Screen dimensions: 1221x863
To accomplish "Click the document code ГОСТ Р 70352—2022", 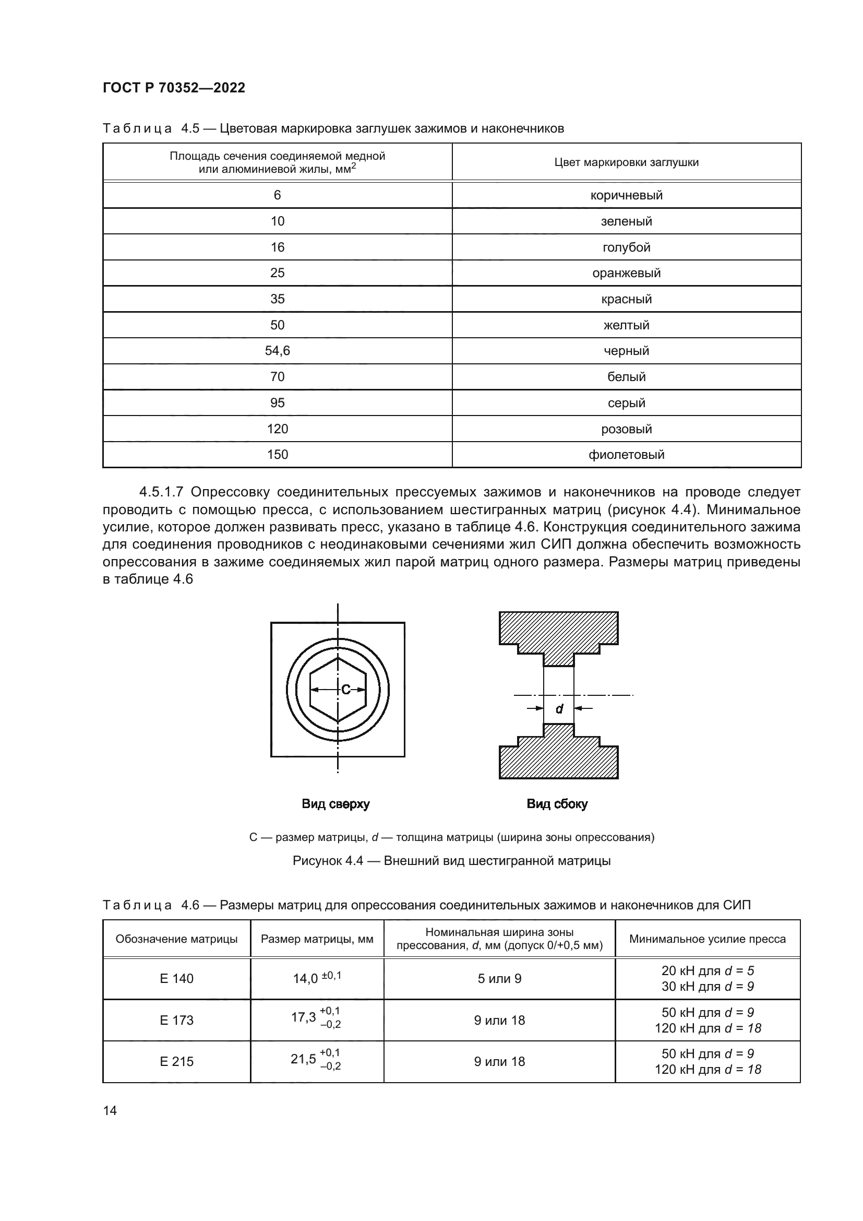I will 174,88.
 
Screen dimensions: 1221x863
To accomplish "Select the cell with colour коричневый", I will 626,195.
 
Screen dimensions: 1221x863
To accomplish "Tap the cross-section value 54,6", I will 277,351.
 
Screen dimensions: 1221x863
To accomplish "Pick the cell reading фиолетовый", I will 626,455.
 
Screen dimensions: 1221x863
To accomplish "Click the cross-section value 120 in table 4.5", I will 277,429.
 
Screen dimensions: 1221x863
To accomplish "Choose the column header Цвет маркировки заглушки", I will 626,162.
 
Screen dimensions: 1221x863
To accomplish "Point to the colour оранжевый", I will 626,273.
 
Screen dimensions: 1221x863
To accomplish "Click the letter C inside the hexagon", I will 346,690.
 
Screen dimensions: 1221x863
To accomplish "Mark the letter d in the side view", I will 559,709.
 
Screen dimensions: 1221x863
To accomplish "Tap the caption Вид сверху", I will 335,804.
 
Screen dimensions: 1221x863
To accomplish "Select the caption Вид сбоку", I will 557,804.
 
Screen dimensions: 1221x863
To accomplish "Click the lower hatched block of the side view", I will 558,758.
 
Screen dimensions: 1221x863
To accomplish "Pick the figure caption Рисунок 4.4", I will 451,860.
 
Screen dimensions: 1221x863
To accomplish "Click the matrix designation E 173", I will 176,1020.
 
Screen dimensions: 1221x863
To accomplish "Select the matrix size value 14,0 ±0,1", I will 317,978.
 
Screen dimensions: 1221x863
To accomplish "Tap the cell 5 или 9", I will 499,978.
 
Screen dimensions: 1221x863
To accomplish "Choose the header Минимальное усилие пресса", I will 707,939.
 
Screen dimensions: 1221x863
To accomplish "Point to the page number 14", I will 110,1110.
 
